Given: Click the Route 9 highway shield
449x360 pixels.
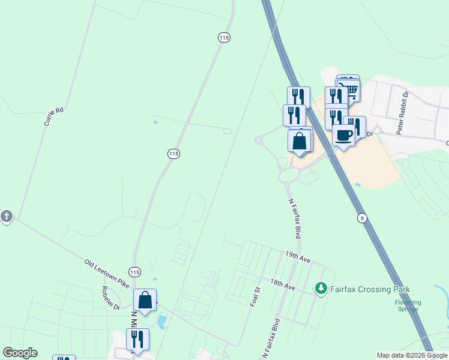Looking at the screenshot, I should (x=361, y=218).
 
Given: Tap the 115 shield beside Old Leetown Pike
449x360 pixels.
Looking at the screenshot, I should (x=134, y=272).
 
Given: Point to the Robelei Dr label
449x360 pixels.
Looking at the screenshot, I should (x=111, y=298).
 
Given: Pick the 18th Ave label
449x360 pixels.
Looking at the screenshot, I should (x=283, y=285).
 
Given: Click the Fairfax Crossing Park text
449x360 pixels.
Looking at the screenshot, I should (x=372, y=289).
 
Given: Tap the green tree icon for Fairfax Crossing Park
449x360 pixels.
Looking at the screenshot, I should (x=321, y=289).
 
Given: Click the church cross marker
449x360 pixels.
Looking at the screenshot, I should (x=7, y=216).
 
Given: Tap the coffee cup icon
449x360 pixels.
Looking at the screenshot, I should (x=343, y=135).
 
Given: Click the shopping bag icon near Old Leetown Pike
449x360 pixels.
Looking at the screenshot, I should (x=145, y=299).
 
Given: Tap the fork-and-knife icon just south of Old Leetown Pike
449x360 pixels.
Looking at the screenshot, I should (x=137, y=339).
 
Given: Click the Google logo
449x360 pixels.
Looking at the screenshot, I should (x=20, y=353).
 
